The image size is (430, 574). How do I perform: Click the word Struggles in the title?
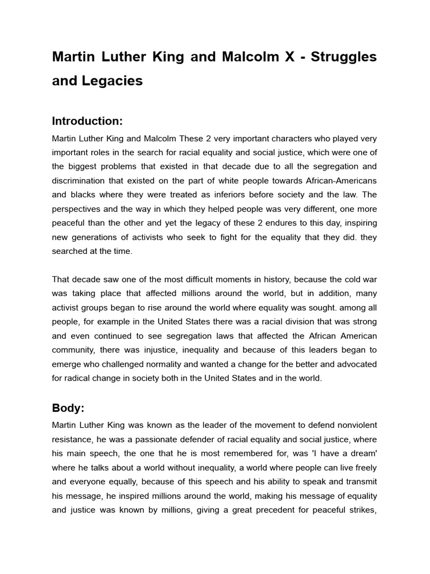pyautogui.click(x=343, y=57)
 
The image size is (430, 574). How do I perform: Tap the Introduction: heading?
pyautogui.click(x=87, y=121)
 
